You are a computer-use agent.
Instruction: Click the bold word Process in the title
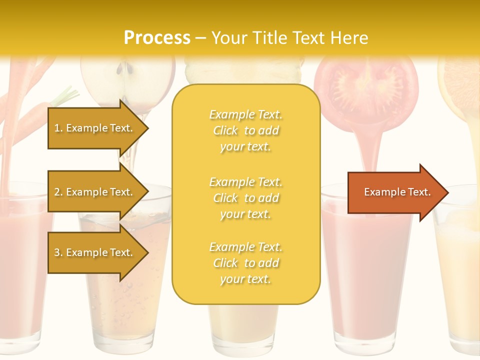click(x=157, y=38)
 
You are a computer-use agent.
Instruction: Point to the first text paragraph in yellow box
click(x=245, y=130)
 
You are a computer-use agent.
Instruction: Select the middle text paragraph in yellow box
click(x=245, y=198)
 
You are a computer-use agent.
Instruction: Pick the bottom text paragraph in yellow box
click(x=245, y=263)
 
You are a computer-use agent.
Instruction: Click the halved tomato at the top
click(x=366, y=85)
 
